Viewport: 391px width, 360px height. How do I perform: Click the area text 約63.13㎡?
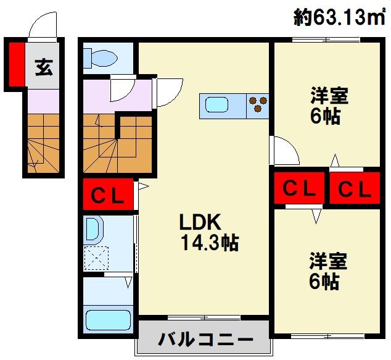pyautogui.click(x=339, y=19)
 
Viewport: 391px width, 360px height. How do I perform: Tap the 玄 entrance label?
pyautogui.click(x=43, y=65)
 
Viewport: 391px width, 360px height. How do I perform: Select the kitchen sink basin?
pyautogui.click(x=218, y=104)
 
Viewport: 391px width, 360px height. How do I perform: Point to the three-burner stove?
pyautogui.click(x=257, y=104)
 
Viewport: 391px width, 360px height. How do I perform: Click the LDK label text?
pyautogui.click(x=200, y=222)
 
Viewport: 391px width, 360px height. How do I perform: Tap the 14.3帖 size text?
pyautogui.click(x=210, y=243)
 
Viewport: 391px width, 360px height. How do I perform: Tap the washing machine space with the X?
pyautogui.click(x=97, y=258)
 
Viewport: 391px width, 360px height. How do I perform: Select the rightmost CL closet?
pyautogui.click(x=355, y=190)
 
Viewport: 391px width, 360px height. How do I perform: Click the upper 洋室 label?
pyautogui.click(x=329, y=96)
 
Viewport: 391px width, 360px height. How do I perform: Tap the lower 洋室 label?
pyautogui.click(x=329, y=261)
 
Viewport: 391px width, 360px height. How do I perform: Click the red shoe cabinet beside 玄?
pyautogui.click(x=16, y=64)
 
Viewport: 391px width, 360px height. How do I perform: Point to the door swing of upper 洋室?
pyautogui.click(x=285, y=151)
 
